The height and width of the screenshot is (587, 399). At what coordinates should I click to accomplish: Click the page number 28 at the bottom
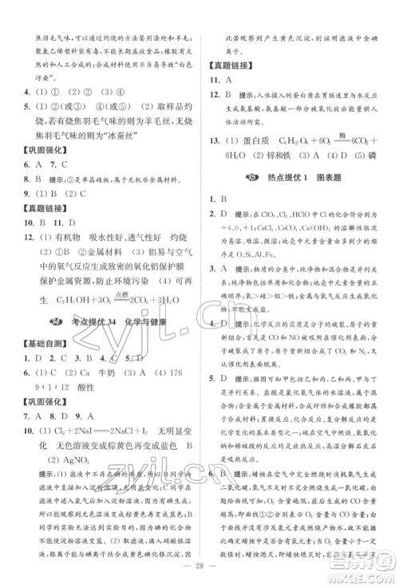point(199,573)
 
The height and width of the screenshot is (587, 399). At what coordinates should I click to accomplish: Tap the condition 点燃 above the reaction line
point(140,293)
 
